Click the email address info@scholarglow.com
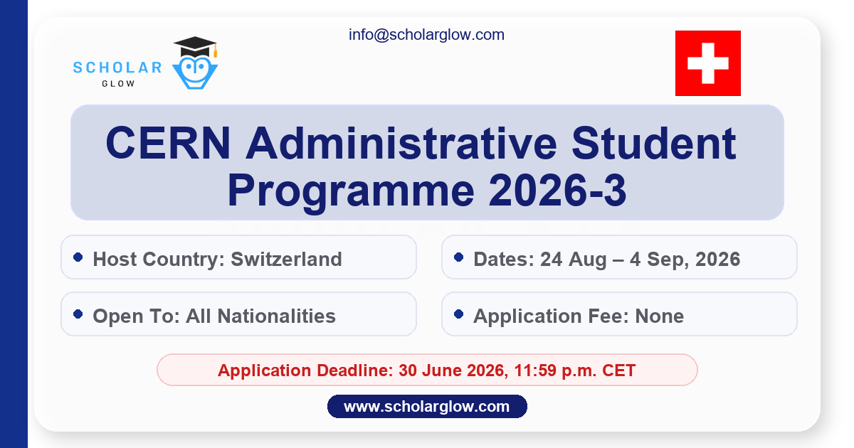click(x=426, y=34)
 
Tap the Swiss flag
click(x=707, y=63)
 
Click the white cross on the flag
click(x=707, y=63)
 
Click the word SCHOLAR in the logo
click(x=117, y=68)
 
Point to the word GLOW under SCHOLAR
click(x=117, y=83)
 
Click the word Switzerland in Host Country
click(x=286, y=259)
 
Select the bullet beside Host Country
click(x=78, y=257)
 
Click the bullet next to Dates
click(x=458, y=257)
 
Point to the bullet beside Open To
click(x=78, y=314)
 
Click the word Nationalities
click(x=278, y=316)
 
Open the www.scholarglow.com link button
click(x=426, y=407)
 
